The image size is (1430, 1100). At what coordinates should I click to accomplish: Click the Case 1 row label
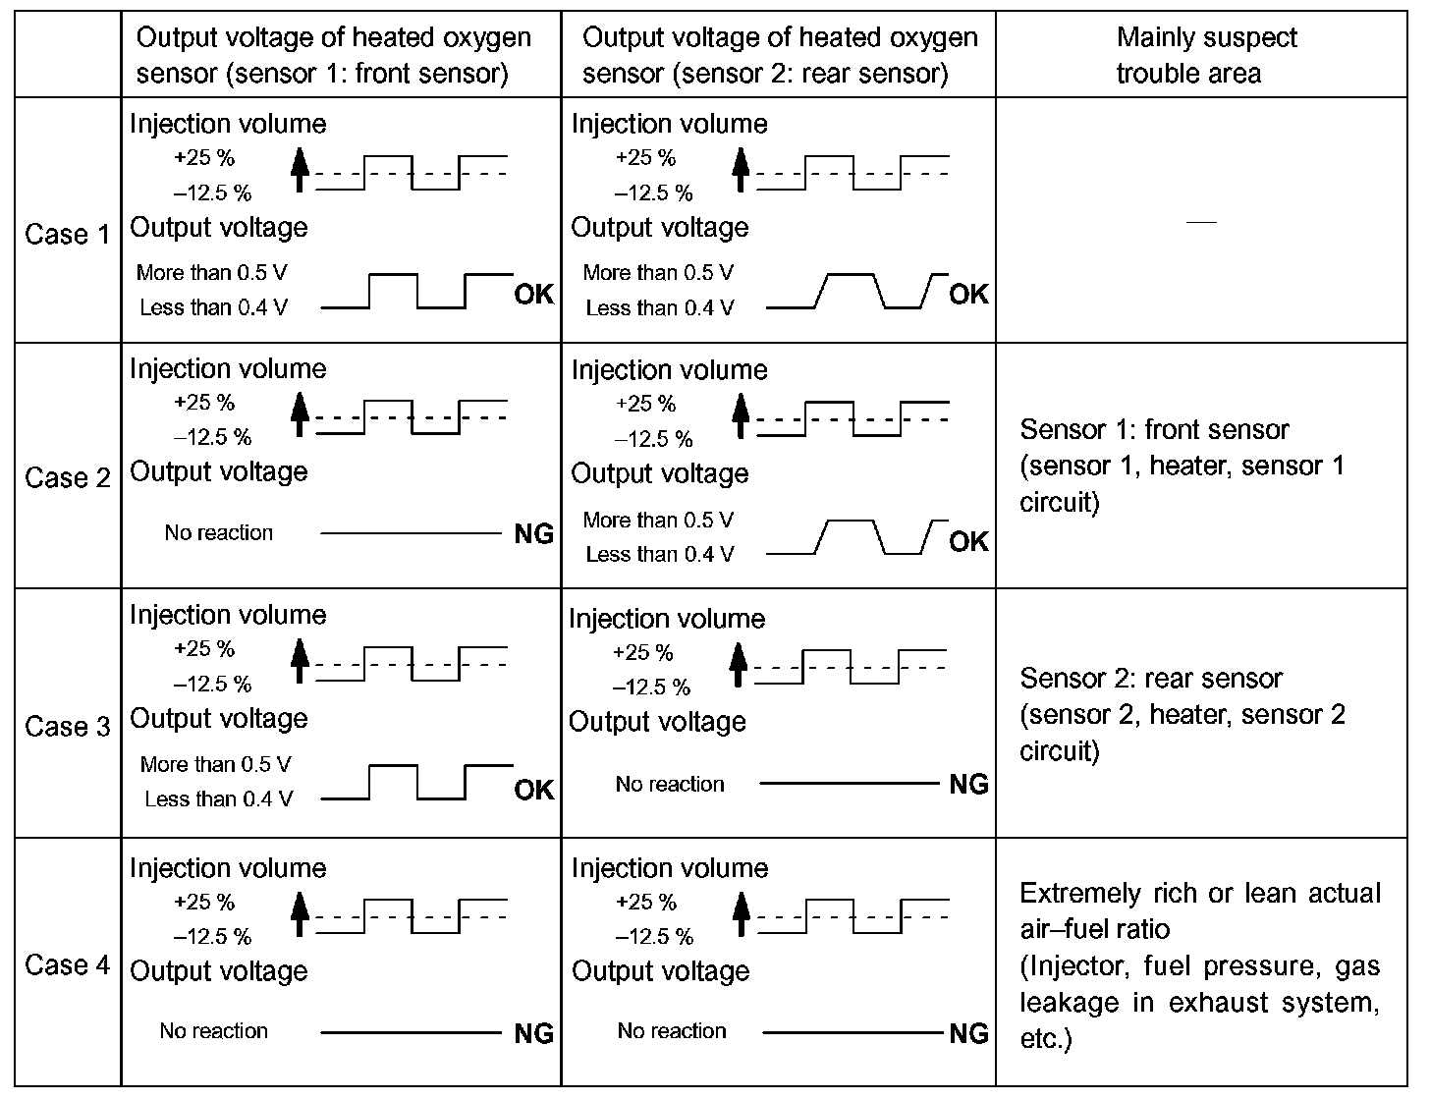pyautogui.click(x=67, y=235)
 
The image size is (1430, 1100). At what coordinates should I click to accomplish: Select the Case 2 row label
pyautogui.click(x=67, y=478)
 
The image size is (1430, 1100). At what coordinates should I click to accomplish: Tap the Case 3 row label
pyautogui.click(x=67, y=727)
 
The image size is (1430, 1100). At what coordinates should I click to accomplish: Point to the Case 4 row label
pyautogui.click(x=67, y=965)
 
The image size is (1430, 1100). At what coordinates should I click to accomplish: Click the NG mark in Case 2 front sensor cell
pyautogui.click(x=534, y=534)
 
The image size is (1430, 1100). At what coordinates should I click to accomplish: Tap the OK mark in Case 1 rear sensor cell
pyautogui.click(x=969, y=295)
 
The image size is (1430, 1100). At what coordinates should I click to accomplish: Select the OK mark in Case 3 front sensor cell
pyautogui.click(x=534, y=791)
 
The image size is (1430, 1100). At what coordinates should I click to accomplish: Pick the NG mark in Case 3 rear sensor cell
pyautogui.click(x=969, y=785)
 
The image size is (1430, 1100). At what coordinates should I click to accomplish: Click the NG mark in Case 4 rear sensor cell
pyautogui.click(x=969, y=1033)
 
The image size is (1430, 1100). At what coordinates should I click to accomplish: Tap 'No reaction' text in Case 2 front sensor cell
pyautogui.click(x=219, y=533)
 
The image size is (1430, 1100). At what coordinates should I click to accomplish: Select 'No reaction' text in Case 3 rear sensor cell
pyautogui.click(x=670, y=785)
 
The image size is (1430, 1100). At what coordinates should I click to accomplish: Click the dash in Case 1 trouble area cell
pyautogui.click(x=1201, y=223)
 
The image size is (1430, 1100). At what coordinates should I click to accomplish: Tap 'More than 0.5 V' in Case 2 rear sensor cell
pyautogui.click(x=658, y=521)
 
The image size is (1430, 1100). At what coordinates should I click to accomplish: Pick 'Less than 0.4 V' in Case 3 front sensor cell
pyautogui.click(x=218, y=799)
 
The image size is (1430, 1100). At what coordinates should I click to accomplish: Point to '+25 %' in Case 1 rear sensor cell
pyautogui.click(x=645, y=158)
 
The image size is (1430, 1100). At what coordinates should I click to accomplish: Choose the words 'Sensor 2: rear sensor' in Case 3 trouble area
pyautogui.click(x=1151, y=679)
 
